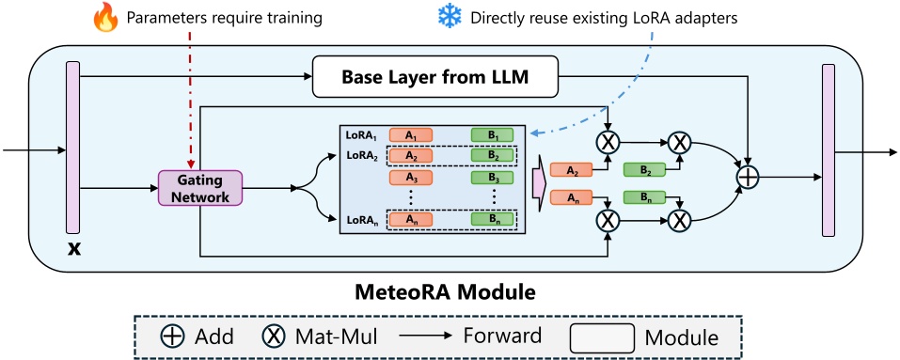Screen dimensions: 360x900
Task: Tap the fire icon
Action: point(106,17)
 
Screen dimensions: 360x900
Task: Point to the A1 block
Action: point(409,134)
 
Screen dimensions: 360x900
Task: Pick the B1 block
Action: point(492,134)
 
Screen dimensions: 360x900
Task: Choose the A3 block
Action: point(409,177)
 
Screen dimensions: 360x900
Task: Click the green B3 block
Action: point(492,177)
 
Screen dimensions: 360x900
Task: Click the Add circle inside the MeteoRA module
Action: point(749,176)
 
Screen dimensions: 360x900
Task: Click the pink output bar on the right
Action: point(828,150)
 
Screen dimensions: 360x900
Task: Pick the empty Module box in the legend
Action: point(600,336)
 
